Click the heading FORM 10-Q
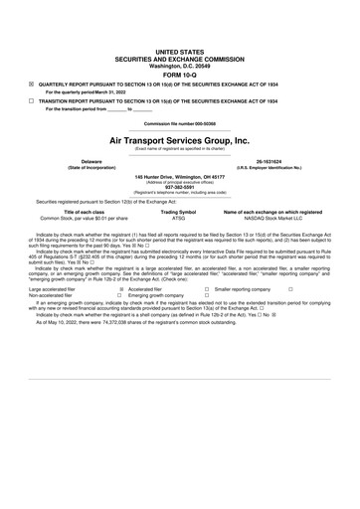(x=179, y=74)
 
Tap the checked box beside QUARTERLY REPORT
(x=31, y=85)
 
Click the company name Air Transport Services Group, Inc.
(x=179, y=141)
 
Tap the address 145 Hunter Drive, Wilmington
(x=179, y=177)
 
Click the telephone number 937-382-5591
(x=179, y=189)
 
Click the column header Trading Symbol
(x=179, y=212)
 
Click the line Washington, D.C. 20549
(x=179, y=65)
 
